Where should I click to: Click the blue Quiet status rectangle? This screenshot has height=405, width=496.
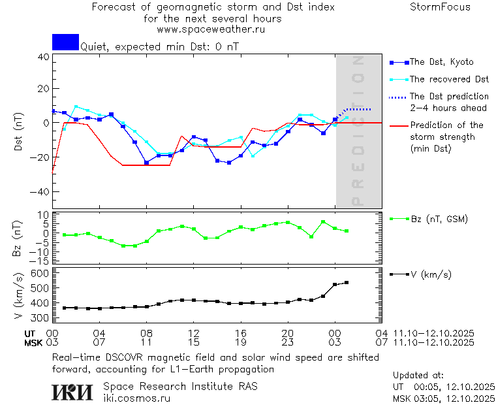coord(65,42)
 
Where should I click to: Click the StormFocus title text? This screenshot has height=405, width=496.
coord(440,7)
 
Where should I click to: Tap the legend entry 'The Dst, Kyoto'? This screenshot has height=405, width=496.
coord(441,62)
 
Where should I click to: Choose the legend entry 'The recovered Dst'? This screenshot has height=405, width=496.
coord(449,79)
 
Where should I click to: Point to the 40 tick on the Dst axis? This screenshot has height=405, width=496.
coord(44,57)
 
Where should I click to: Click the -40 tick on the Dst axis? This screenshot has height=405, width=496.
coord(41,192)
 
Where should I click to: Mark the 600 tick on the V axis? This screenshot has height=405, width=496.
coord(40,273)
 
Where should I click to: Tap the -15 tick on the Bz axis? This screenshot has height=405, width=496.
coord(40,261)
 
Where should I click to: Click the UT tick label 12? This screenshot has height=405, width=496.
coord(193,333)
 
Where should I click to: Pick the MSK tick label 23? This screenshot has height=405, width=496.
coord(287,342)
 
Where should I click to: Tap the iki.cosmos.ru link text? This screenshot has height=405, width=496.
coord(137,397)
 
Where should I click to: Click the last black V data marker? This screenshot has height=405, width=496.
coord(347,283)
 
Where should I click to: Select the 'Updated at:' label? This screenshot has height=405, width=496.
coord(418,375)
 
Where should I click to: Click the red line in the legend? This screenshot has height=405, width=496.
coord(398,125)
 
